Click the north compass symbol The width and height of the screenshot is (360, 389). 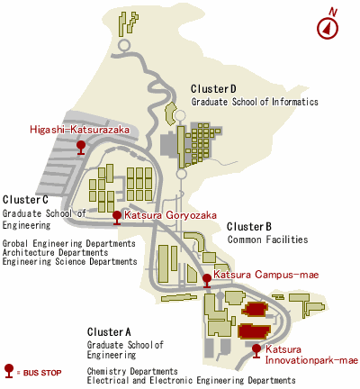328,28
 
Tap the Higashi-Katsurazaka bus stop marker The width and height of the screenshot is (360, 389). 81,148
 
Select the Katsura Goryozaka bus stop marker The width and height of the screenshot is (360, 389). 117,218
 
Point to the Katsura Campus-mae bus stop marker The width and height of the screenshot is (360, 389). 207,281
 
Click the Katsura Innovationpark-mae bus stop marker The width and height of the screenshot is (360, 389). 256,351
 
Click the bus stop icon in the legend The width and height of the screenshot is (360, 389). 9,371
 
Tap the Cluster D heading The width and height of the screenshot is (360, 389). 213,89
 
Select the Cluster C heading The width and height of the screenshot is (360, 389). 25,200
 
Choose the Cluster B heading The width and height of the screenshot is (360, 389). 249,226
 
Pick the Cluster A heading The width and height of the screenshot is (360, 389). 109,332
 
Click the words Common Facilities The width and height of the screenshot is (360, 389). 267,240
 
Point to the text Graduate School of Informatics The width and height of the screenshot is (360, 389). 255,102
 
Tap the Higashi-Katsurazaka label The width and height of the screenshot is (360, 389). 80,130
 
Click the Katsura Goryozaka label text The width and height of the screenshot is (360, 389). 170,215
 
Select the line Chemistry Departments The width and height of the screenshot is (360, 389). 132,371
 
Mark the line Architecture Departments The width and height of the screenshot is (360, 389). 55,252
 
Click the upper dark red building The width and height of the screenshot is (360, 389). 255,310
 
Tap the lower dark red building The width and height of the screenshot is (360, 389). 255,331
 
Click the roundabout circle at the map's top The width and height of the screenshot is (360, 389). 124,45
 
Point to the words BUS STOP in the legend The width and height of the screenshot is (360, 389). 42,373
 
